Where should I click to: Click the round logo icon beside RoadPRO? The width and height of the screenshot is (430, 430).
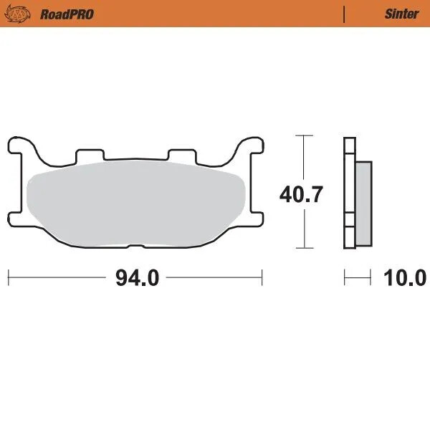click(21, 14)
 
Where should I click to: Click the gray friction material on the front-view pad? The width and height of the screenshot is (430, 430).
click(136, 204)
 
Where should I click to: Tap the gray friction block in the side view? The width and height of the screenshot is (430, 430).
click(363, 201)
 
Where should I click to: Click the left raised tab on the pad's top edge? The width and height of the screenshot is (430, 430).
click(90, 155)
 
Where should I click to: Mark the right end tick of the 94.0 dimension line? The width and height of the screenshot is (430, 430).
click(262, 277)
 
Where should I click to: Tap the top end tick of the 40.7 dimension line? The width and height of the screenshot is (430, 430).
click(305, 135)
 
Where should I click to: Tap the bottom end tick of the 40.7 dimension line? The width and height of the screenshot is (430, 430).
click(305, 248)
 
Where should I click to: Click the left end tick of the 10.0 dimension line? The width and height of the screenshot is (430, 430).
click(345, 277)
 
